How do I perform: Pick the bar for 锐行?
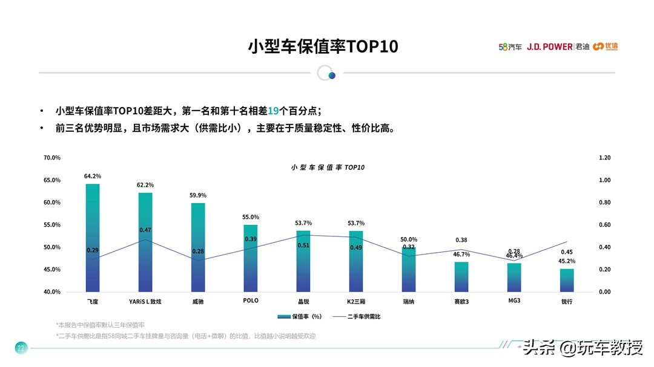pos(567,281)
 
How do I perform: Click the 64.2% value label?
pos(93,176)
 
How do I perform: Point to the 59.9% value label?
pos(198,195)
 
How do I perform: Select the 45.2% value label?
pos(567,261)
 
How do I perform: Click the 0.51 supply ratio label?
pos(303,245)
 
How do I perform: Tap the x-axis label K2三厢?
pos(356,300)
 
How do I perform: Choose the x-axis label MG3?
pos(514,300)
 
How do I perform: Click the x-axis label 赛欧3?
pos(461,300)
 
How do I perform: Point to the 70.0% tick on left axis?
pos(52,158)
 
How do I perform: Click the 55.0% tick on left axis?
pos(52,225)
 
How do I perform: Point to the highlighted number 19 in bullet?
pos(273,111)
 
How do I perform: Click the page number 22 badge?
pos(21,348)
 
